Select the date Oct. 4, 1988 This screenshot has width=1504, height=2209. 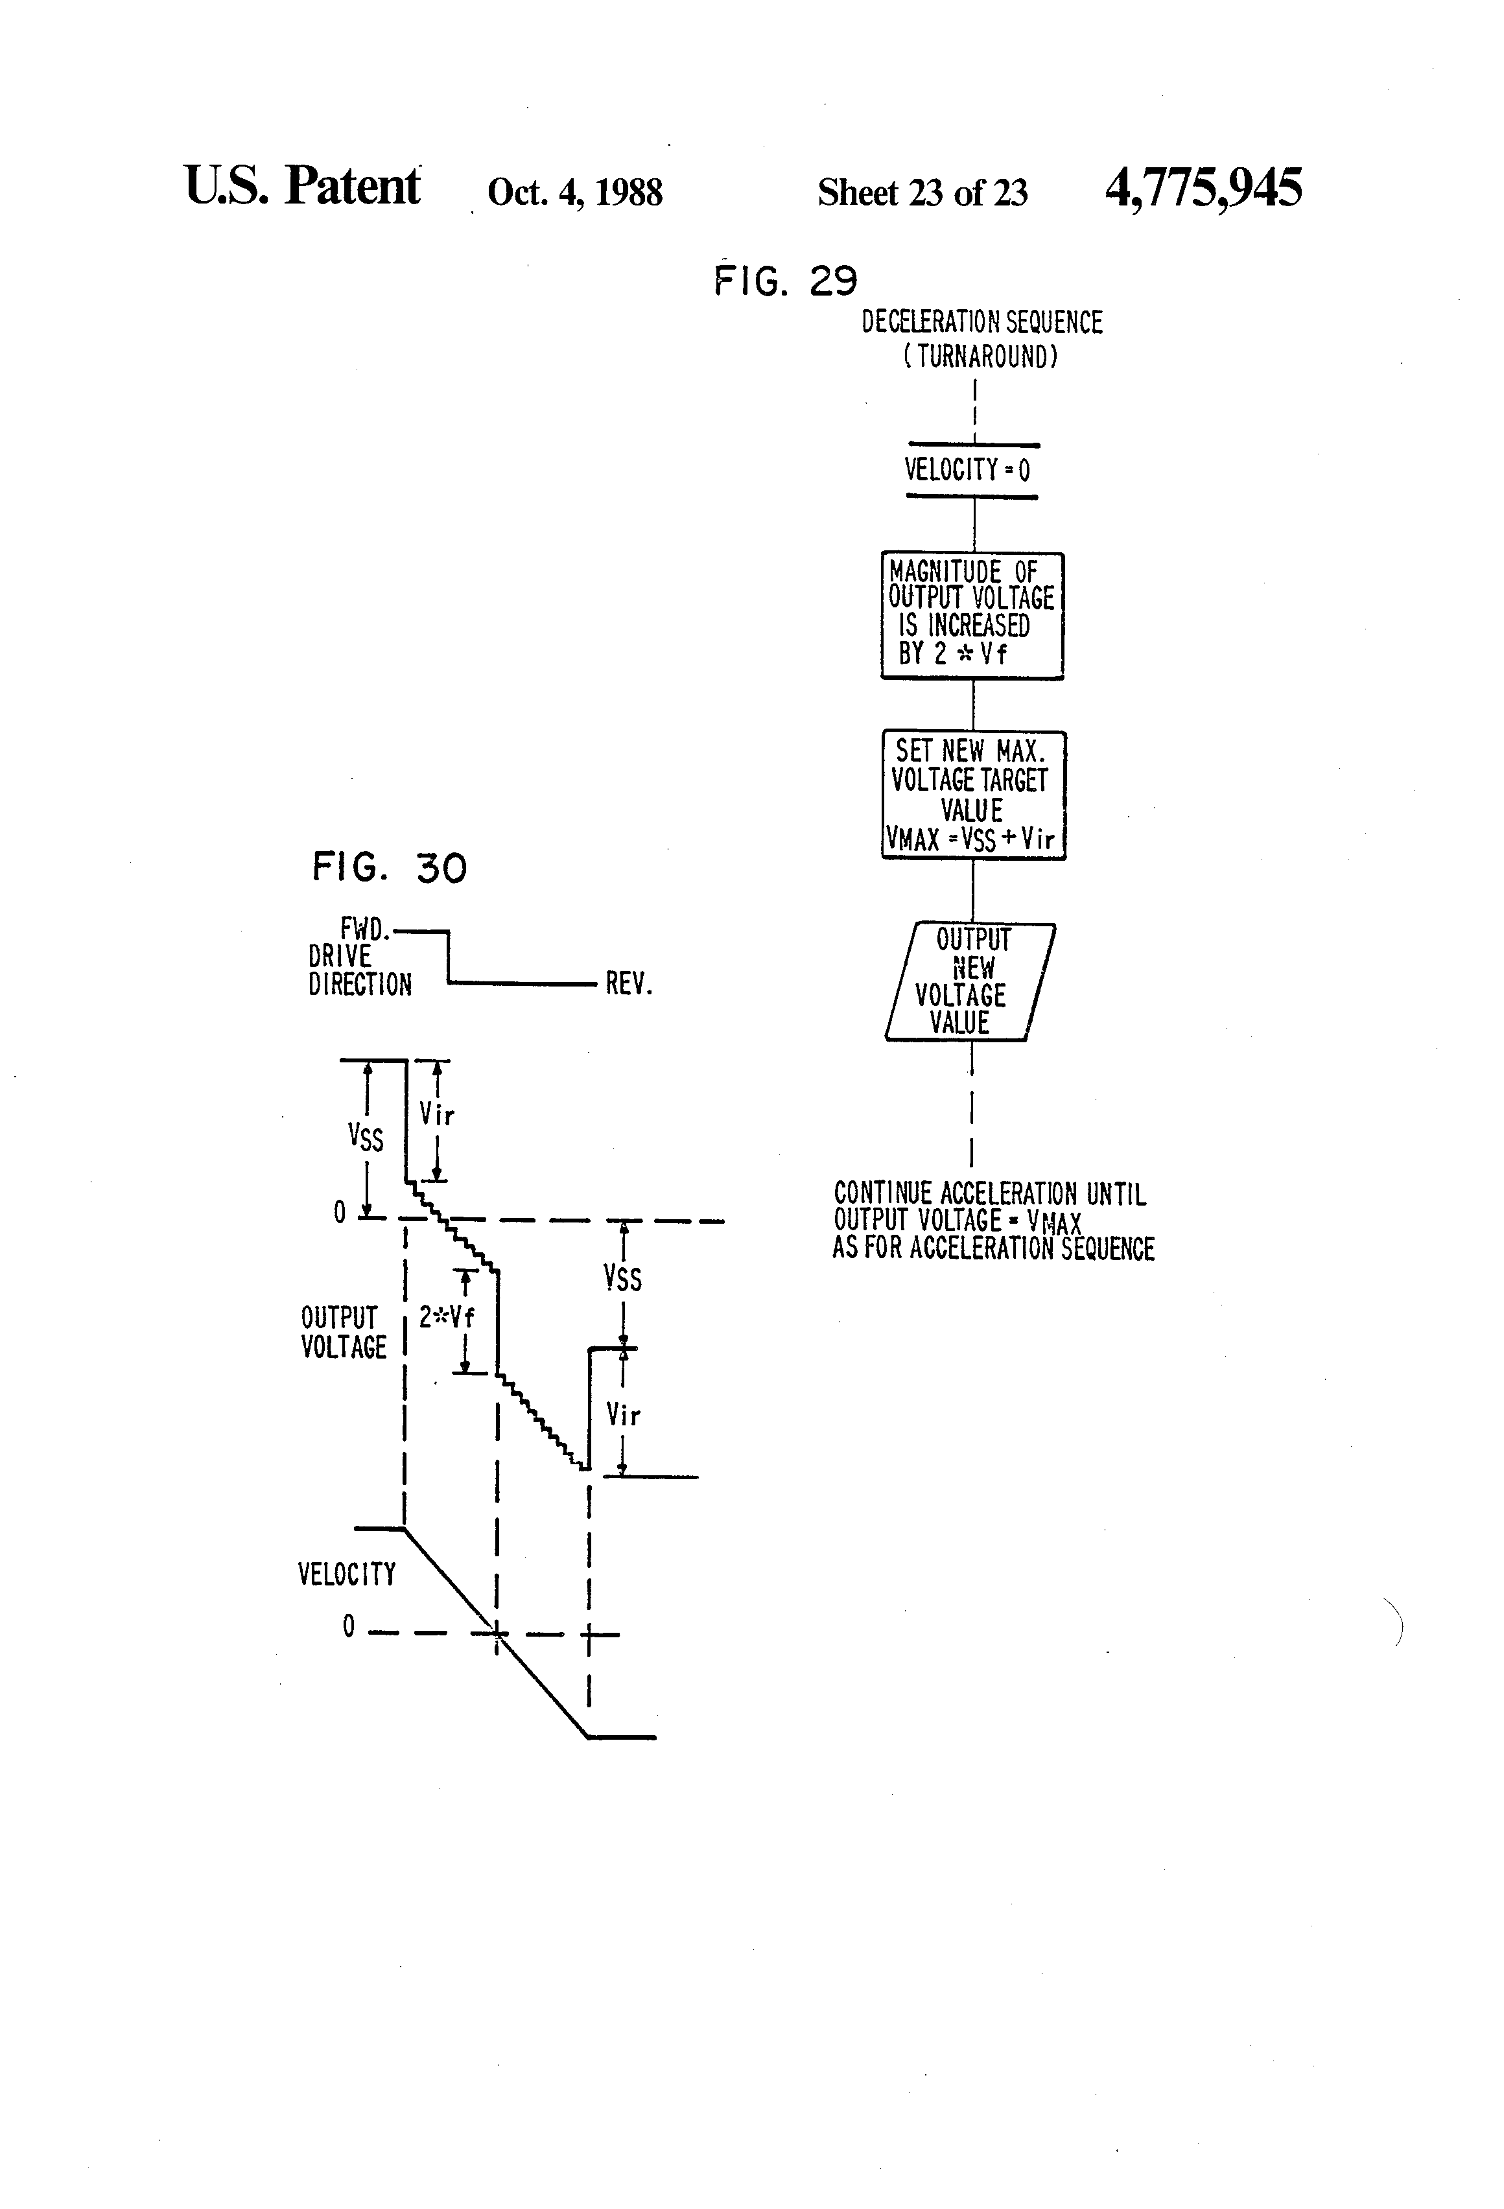click(574, 192)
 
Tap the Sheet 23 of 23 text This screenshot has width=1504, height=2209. click(922, 192)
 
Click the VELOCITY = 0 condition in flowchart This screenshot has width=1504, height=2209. click(967, 469)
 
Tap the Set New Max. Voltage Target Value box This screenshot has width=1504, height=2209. click(974, 795)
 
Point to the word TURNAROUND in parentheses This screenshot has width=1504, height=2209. click(980, 357)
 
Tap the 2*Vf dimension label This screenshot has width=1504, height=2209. click(447, 1316)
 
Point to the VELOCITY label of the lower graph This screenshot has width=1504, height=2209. click(346, 1574)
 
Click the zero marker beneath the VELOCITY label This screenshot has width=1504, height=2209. click(348, 1626)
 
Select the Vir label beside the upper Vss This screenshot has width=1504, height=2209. click(438, 1114)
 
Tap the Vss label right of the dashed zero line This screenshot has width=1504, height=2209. click(623, 1278)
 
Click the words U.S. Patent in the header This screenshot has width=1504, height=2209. click(301, 185)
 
